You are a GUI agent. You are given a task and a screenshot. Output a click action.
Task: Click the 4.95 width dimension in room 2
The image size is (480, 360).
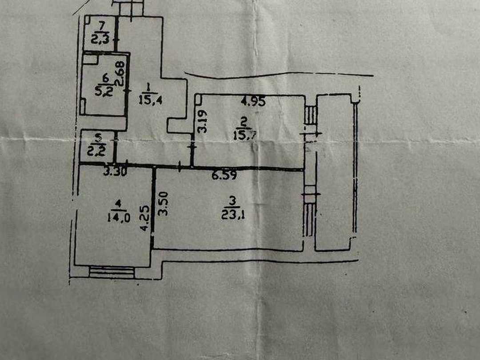click(x=253, y=101)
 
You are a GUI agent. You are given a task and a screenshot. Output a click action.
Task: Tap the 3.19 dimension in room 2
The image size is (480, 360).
click(x=202, y=121)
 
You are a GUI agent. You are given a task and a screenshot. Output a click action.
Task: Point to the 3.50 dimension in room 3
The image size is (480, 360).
click(x=164, y=204)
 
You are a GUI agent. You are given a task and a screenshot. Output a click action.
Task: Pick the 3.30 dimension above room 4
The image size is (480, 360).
click(x=115, y=172)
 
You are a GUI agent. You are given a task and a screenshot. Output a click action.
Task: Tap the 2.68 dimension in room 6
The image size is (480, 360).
click(x=120, y=74)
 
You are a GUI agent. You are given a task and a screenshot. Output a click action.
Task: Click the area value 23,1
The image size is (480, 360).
click(x=233, y=215)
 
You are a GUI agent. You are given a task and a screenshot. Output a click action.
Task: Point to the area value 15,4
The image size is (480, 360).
click(x=150, y=100)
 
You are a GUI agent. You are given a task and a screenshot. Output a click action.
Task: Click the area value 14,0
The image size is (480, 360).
click(x=119, y=217)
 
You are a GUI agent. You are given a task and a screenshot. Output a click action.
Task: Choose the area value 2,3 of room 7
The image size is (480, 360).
click(x=100, y=39)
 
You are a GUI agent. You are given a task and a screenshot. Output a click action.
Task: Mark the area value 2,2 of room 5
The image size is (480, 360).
click(x=96, y=151)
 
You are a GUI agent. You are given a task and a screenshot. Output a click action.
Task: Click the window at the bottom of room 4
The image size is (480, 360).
click(x=112, y=272)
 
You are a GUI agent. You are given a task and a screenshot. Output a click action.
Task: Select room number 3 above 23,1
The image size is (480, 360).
click(x=232, y=201)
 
